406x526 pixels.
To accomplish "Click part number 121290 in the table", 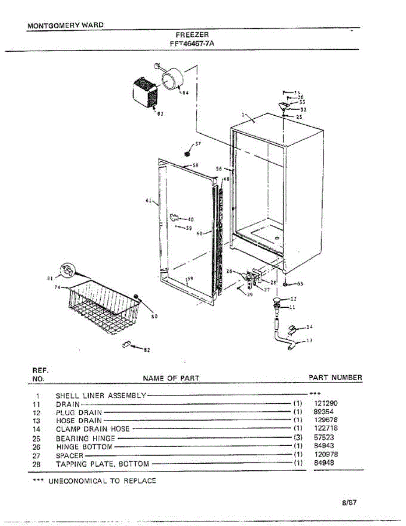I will point(326,404).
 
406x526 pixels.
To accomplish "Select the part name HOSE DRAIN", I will point(79,421).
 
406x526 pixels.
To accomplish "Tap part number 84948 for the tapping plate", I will point(324,463).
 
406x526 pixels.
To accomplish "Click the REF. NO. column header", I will point(38,374).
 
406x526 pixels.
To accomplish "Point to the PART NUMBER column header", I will point(335,377).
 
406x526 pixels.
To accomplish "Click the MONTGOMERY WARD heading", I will point(66,25).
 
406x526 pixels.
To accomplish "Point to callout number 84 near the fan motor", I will point(186,93).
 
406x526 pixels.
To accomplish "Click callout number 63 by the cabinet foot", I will point(300,284).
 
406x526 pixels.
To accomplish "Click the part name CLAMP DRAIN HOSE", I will point(93,429).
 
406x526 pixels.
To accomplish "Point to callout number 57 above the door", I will point(198,144).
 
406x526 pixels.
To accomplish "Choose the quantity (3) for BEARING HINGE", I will point(298,437).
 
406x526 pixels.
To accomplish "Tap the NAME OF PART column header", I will point(171,378).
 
